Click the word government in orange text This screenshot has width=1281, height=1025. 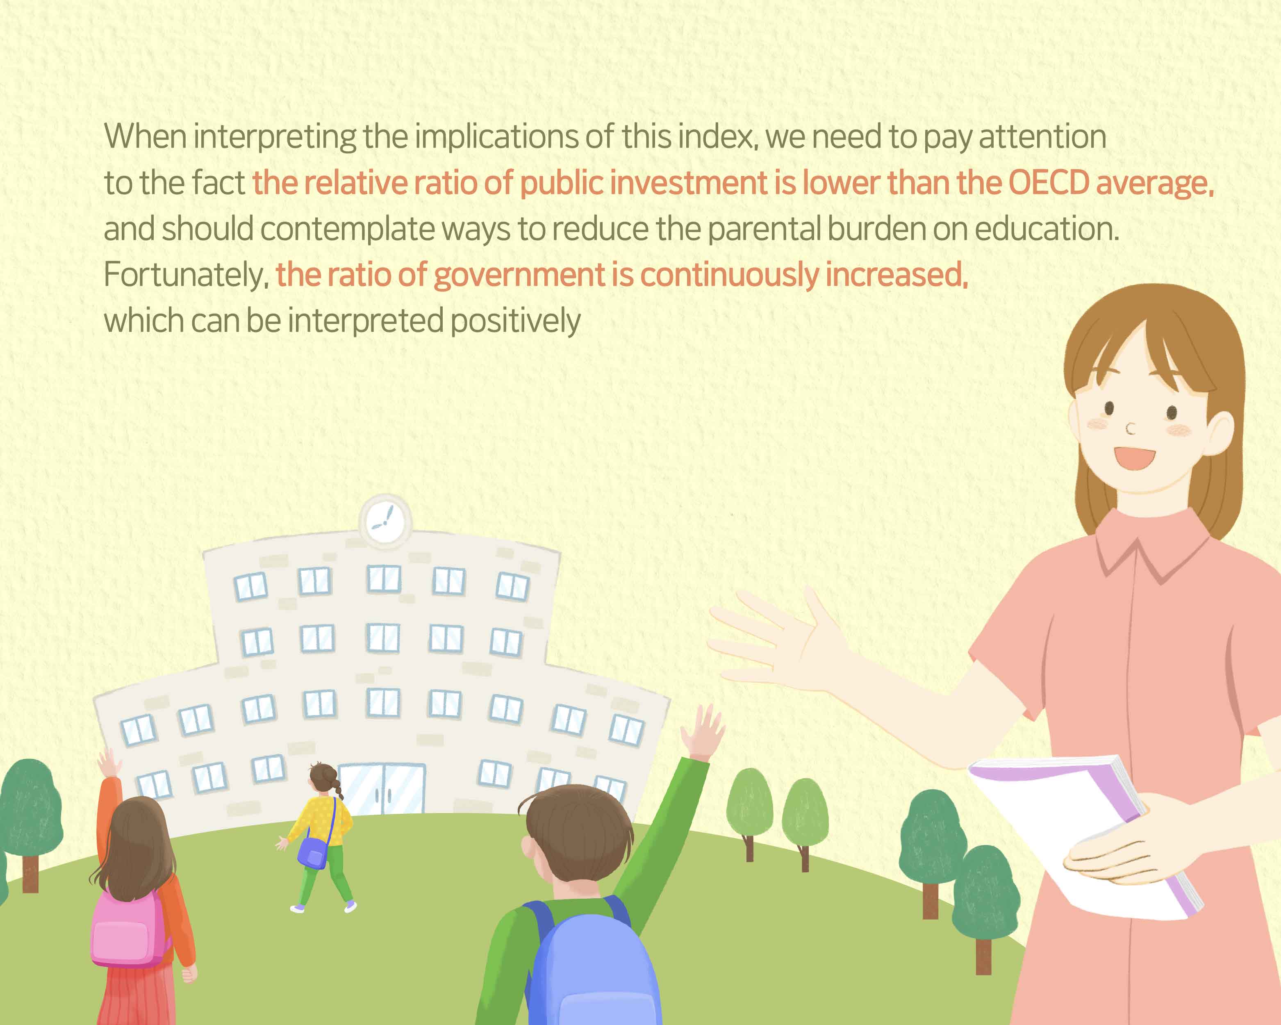[x=519, y=276]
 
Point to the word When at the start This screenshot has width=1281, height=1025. [x=146, y=136]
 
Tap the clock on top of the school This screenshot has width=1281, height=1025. [x=385, y=521]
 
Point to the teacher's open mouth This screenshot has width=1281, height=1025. [x=1134, y=458]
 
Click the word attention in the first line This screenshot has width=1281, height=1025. [x=1042, y=137]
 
